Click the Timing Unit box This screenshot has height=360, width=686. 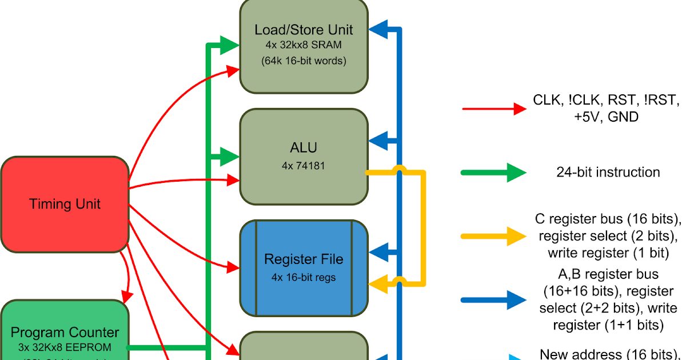pos(65,204)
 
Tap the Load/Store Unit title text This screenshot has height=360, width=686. pos(304,30)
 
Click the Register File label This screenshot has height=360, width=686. pos(304,259)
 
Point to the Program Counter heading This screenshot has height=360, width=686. pos(65,333)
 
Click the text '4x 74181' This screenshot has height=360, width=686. pos(304,166)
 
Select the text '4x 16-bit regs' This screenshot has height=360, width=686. pos(304,278)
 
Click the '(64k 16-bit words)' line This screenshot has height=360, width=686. pos(304,60)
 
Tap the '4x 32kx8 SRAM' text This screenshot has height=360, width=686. pos(304,45)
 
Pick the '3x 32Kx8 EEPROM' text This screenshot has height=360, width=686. pos(65,347)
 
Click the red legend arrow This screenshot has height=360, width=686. pos(494,108)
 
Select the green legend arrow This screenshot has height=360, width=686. pos(494,172)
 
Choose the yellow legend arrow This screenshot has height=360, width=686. pos(494,235)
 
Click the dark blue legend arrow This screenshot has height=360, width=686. pos(494,299)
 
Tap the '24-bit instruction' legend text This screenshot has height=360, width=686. pos(608,172)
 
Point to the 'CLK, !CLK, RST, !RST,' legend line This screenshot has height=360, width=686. pos(607,101)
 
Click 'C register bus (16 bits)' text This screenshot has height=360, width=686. pos(608,219)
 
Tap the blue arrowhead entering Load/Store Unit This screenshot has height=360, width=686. pos(378,29)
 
